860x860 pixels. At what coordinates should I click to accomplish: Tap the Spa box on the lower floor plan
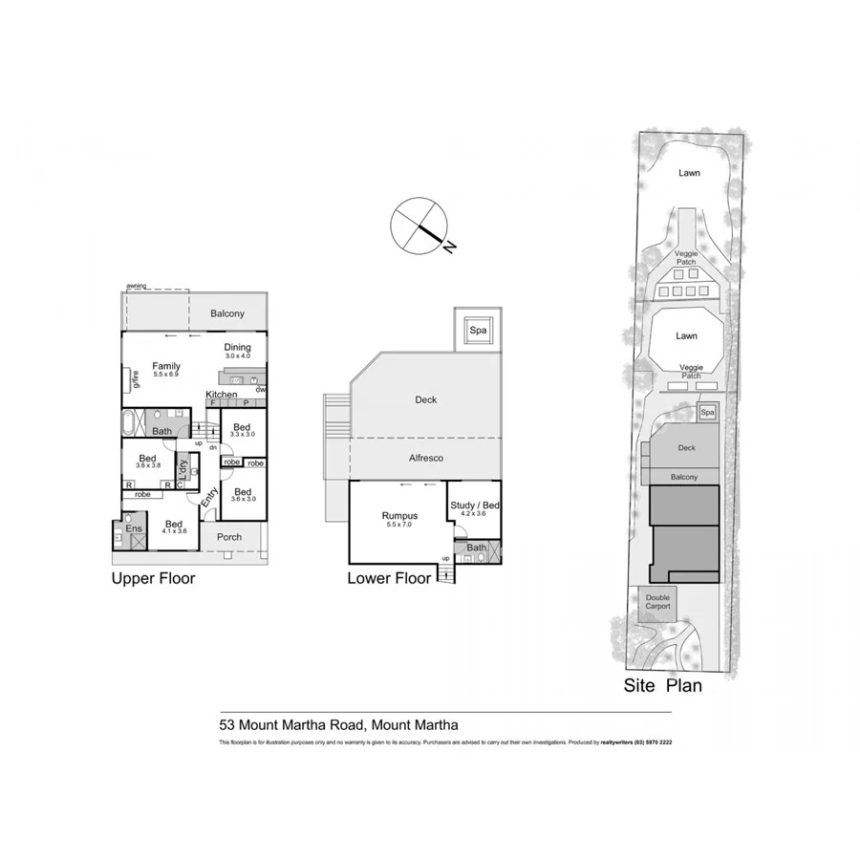click(476, 332)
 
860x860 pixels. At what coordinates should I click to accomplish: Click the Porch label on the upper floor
click(229, 537)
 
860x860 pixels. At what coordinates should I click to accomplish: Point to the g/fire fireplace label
click(135, 379)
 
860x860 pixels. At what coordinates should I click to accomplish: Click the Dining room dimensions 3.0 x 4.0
click(237, 356)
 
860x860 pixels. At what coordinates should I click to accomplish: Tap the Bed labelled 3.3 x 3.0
click(242, 430)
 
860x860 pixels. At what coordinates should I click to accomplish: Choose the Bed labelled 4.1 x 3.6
click(174, 527)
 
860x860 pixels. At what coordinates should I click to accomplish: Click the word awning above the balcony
click(136, 286)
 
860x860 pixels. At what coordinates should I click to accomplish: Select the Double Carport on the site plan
click(657, 603)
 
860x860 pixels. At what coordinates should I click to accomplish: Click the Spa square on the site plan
click(707, 412)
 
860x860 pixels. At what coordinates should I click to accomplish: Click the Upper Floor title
click(153, 578)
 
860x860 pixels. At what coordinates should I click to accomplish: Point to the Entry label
click(209, 497)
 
